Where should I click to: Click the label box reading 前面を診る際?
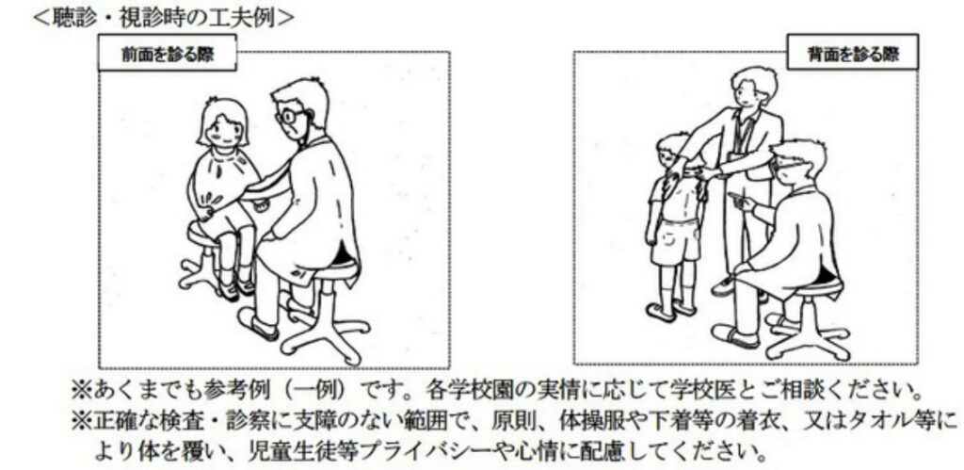pos(168,54)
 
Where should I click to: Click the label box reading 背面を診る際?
pos(853,54)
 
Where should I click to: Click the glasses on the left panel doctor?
pos(290,116)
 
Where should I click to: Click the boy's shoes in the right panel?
pos(670,310)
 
